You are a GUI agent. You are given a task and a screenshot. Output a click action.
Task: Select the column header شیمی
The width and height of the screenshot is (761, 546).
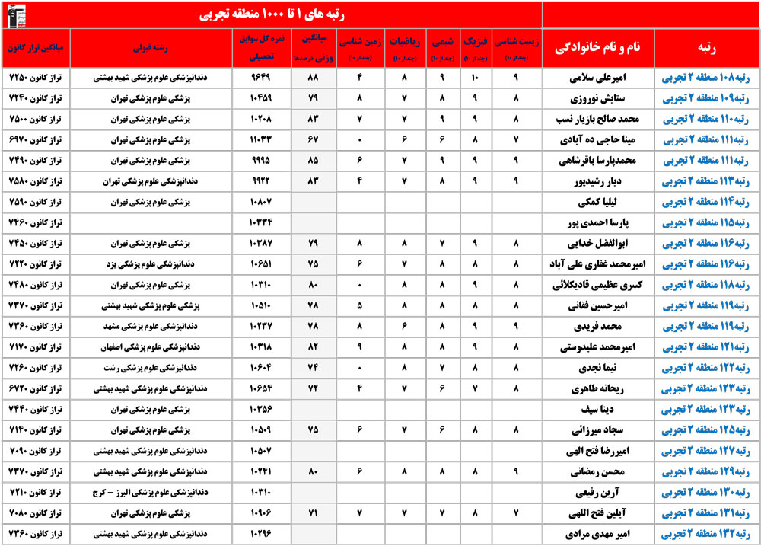(x=440, y=41)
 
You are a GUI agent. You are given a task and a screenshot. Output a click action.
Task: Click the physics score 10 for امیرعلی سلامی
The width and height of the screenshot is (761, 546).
(x=475, y=78)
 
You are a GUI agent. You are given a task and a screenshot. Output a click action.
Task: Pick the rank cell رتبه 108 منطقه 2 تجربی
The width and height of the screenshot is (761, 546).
(x=707, y=78)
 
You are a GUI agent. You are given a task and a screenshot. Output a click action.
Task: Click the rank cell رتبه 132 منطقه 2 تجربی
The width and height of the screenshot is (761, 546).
(x=707, y=534)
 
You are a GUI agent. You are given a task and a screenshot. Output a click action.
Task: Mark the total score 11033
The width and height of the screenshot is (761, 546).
(x=261, y=140)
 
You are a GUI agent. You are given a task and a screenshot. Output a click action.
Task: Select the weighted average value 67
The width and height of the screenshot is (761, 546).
(x=310, y=140)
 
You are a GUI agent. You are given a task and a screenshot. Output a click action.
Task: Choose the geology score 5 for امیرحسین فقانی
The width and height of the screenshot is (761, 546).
(x=358, y=306)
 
